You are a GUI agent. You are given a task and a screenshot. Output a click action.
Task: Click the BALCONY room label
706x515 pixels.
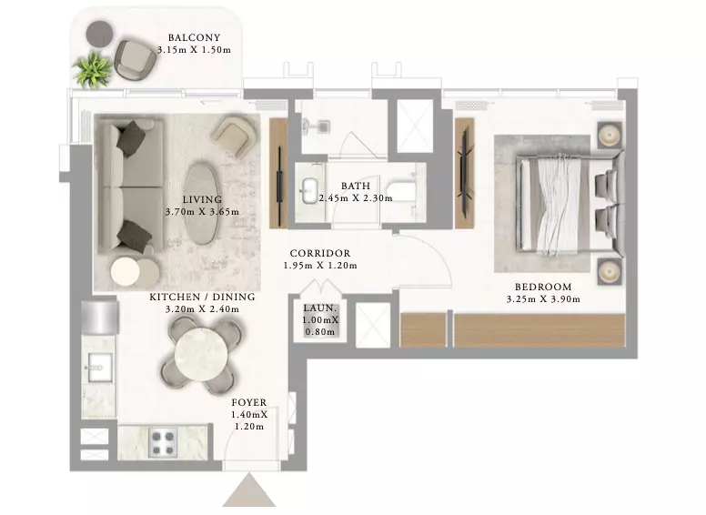(194, 38)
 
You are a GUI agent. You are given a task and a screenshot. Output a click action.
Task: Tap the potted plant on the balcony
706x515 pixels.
(93, 70)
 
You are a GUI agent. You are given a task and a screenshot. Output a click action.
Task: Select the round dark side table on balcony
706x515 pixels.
(99, 33)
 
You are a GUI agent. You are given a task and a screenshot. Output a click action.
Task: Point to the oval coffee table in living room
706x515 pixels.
(202, 204)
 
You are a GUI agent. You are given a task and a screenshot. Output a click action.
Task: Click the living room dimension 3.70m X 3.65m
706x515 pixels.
(202, 212)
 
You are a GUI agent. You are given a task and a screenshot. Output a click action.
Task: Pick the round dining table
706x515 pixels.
(201, 356)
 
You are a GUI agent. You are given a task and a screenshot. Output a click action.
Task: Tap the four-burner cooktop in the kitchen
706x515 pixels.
(162, 443)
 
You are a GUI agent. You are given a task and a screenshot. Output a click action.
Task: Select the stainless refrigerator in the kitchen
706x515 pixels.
(100, 318)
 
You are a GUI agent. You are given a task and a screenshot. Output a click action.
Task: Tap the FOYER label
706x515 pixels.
(249, 402)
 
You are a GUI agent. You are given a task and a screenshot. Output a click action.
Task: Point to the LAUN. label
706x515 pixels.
(320, 308)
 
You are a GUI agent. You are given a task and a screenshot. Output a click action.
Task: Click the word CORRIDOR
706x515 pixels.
(320, 254)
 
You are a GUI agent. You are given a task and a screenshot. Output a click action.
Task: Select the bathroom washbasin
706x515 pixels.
(309, 191)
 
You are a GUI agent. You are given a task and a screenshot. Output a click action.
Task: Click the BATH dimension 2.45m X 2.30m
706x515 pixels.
(356, 198)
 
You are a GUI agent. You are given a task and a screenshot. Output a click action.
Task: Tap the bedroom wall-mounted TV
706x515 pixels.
(465, 173)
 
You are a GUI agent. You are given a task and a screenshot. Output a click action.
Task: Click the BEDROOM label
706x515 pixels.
(543, 287)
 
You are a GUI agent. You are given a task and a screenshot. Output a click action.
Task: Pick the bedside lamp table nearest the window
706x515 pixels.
(610, 134)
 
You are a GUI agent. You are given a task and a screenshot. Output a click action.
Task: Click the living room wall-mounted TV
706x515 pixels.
(279, 174)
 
